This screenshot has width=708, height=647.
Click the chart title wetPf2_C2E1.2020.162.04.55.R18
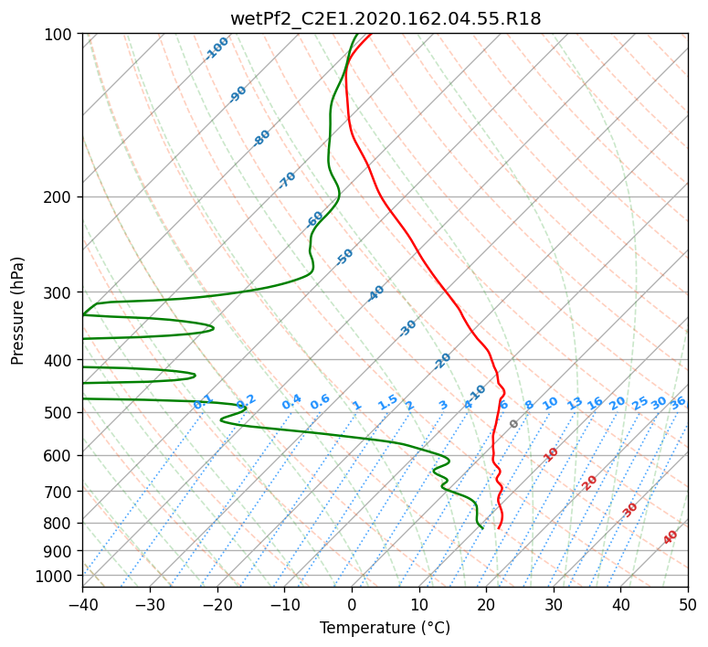coord(386,19)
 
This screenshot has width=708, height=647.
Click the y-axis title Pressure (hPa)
coord(17,311)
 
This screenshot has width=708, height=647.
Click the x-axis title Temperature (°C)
coord(386,628)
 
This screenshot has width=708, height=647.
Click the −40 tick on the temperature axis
coord(82,604)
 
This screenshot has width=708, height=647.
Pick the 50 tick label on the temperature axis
coord(688,604)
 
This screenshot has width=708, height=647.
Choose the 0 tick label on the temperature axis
coord(352,604)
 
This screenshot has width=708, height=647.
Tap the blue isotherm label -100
coord(217,48)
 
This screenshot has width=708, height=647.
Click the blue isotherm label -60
coord(314,218)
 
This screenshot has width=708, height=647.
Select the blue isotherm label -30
coord(407,328)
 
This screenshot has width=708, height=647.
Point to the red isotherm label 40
coord(671,537)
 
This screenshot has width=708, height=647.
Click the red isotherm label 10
coord(551,454)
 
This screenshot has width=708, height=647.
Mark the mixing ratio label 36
coord(678,403)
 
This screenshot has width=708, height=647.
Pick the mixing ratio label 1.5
coord(388,402)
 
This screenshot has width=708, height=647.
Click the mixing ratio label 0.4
coord(291,402)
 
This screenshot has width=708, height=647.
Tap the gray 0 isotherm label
coord(513,424)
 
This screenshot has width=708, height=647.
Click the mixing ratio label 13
coord(575,403)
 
